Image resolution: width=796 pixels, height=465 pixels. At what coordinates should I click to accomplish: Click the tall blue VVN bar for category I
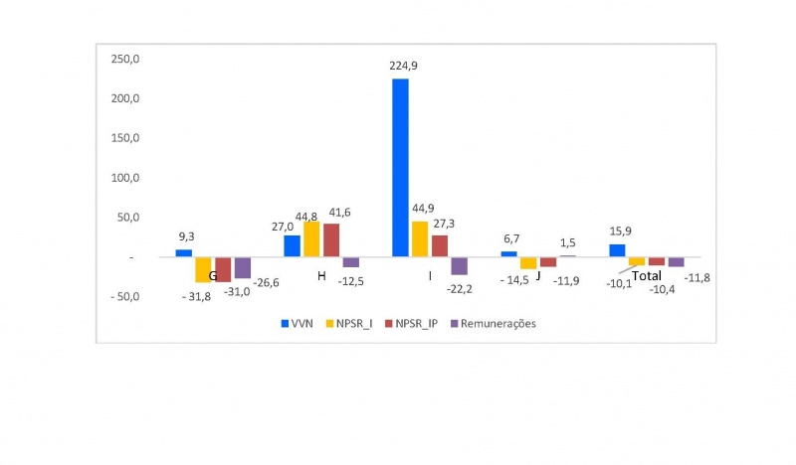pyautogui.click(x=400, y=167)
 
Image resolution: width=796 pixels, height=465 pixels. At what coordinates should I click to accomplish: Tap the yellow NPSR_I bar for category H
pyautogui.click(x=311, y=238)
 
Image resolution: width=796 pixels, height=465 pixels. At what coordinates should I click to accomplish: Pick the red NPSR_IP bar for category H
pyautogui.click(x=330, y=240)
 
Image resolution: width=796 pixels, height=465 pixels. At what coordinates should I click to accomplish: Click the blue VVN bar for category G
pyautogui.click(x=183, y=252)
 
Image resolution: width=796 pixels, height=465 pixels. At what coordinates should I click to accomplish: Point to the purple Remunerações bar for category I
pyautogui.click(x=459, y=265)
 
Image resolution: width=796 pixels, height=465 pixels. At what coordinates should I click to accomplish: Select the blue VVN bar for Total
pyautogui.click(x=617, y=250)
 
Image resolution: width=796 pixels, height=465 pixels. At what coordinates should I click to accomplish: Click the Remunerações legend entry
pyautogui.click(x=494, y=323)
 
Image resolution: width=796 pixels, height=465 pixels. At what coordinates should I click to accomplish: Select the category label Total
pyautogui.click(x=648, y=275)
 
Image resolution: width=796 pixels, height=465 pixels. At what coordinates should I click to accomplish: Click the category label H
pyautogui.click(x=321, y=275)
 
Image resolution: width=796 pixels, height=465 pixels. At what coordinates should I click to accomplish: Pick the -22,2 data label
pyautogui.click(x=459, y=287)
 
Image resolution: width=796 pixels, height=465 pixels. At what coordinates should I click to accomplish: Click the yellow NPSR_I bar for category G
pyautogui.click(x=203, y=269)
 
